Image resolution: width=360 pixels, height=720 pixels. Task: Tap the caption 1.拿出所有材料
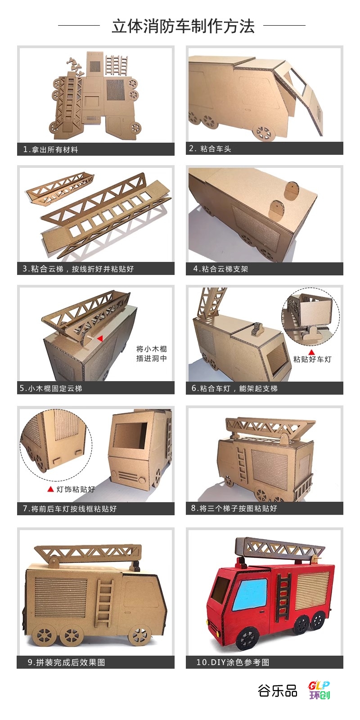coord(50,149)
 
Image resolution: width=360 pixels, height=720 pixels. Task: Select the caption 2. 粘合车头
coord(210,148)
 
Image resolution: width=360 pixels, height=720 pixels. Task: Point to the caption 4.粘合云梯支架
coord(220,269)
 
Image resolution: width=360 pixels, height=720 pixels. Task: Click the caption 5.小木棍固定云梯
coord(51,388)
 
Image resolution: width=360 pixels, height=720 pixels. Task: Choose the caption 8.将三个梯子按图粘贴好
coord(234,508)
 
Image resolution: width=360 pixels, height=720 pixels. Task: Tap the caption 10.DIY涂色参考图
coord(233,662)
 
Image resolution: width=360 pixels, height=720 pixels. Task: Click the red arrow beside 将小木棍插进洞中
coord(100,338)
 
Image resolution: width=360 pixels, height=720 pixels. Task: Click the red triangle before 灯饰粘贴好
coord(50,489)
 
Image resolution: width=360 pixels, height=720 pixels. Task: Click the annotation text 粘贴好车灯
coord(312,360)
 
